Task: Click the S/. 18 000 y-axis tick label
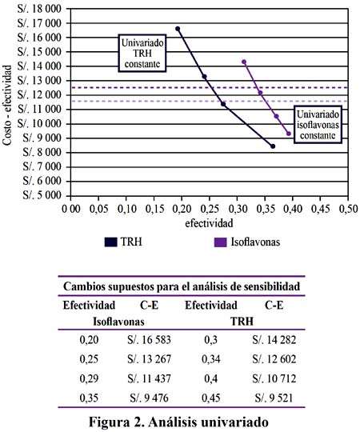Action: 39,9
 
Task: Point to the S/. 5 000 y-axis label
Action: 42,195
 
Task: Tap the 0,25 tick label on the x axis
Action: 210,209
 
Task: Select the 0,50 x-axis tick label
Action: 348,209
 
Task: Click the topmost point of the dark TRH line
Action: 178,29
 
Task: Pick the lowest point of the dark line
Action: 273,146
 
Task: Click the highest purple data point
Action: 244,62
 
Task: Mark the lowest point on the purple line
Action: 289,134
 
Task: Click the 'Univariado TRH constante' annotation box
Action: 142,53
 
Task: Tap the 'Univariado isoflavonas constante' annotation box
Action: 318,125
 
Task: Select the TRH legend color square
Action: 111,242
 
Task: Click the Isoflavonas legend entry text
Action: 255,242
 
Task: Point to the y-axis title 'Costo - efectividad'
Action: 7,105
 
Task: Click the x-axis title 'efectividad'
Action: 209,223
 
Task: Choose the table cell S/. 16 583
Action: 149,340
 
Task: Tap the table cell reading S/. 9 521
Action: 274,398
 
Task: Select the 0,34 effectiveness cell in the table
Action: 210,359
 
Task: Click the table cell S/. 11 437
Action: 149,378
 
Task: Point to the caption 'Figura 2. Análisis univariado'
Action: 178,422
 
